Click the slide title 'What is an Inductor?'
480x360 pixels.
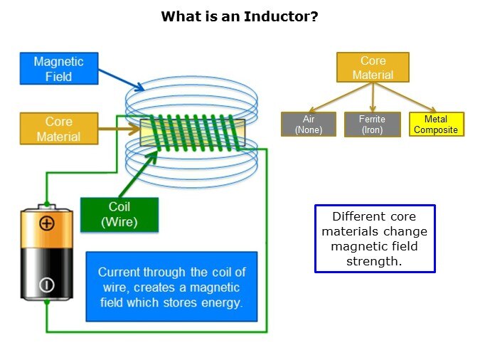pyautogui.click(x=239, y=16)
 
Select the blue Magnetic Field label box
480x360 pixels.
pyautogui.click(x=58, y=69)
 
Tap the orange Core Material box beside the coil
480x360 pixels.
pyautogui.click(x=59, y=129)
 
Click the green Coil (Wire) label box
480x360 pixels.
pyautogui.click(x=119, y=214)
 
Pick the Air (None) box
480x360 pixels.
pyautogui.click(x=309, y=125)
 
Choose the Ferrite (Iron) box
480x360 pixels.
pyautogui.click(x=373, y=125)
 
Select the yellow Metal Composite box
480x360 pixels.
pyautogui.click(x=436, y=125)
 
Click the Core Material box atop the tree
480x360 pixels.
pyautogui.click(x=373, y=68)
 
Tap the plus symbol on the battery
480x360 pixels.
pyautogui.click(x=47, y=223)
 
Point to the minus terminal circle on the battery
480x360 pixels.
pyautogui.click(x=47, y=285)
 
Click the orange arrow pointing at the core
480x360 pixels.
pyautogui.click(x=118, y=129)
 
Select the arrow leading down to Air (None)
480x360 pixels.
pyautogui.click(x=338, y=97)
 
